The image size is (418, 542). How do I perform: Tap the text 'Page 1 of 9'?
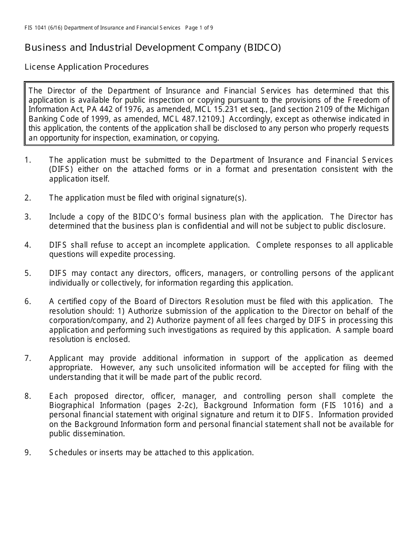(199, 28)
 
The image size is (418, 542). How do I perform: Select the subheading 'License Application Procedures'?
(87, 67)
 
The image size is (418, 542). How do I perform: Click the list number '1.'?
(28, 160)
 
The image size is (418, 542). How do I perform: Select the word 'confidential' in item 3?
(205, 226)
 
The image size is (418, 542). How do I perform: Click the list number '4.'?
(28, 245)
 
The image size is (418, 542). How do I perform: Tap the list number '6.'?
(28, 301)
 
